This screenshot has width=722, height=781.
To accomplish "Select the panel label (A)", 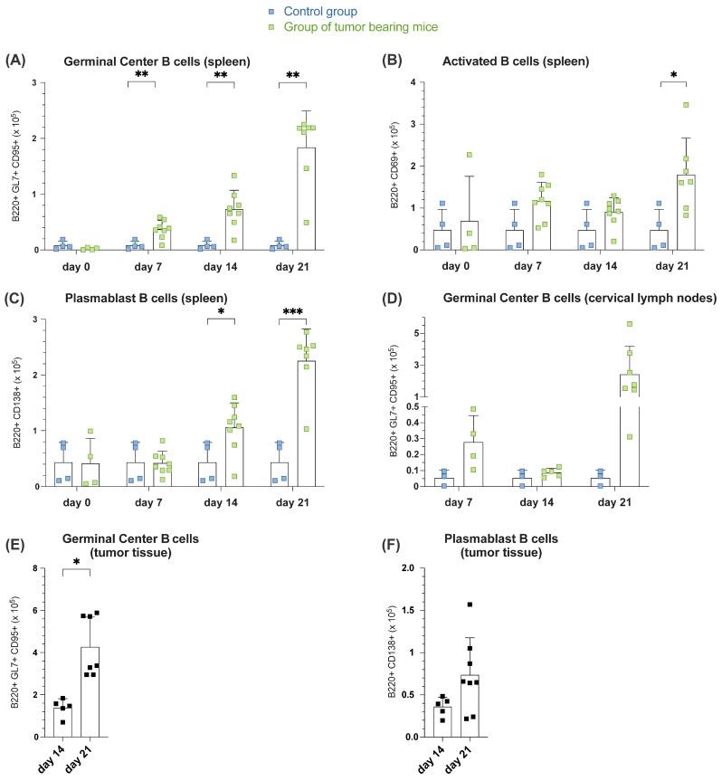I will [x=14, y=61].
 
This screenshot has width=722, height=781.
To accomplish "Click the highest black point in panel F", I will [x=445, y=605].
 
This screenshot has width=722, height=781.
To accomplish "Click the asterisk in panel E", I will [x=75, y=562].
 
